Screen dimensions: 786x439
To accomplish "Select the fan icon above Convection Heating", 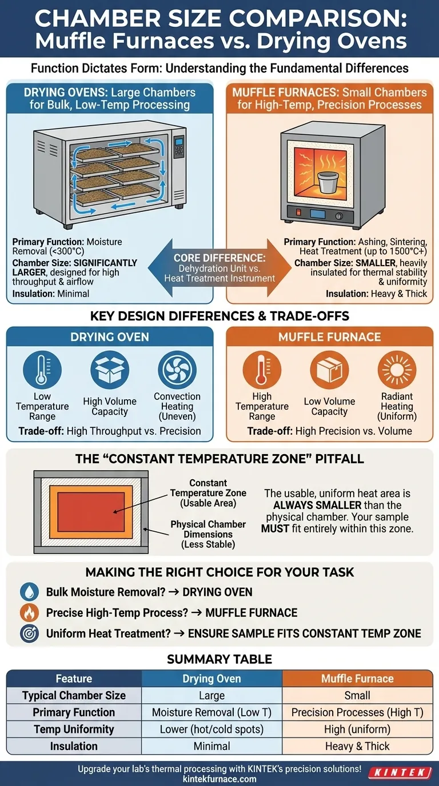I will tap(177, 370).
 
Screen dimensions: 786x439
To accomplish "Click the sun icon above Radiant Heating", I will tap(397, 370).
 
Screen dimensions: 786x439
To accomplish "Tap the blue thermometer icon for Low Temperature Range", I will tap(42, 370).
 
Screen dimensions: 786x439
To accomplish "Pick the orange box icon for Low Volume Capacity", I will tap(329, 370).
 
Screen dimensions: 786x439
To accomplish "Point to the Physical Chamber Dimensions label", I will tap(208, 534).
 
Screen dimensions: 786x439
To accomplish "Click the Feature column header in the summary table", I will tap(74, 679).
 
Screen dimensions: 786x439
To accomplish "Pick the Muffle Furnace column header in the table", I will tap(357, 679).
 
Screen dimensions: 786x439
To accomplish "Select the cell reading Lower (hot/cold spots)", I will tap(211, 729).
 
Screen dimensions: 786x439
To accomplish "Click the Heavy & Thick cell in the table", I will tap(357, 746).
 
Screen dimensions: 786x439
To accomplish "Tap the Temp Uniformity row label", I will tap(74, 729).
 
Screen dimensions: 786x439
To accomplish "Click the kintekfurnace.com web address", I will tap(219, 779).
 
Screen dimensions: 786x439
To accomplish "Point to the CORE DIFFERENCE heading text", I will tap(219, 258).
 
